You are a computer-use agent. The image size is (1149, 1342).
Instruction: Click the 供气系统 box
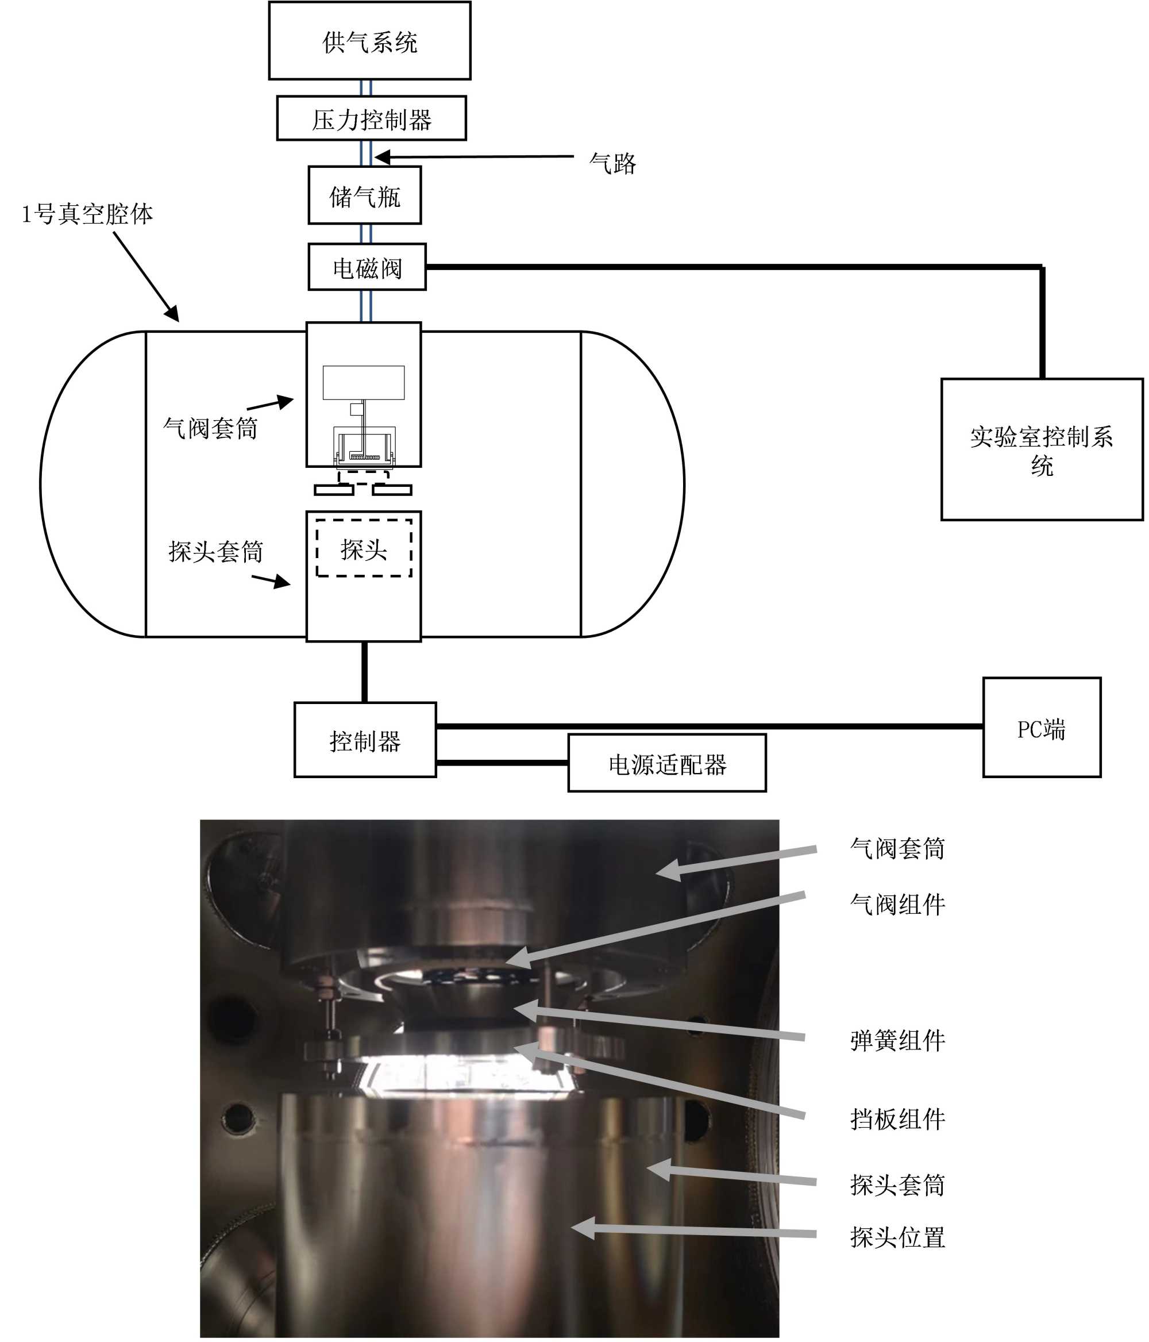click(369, 41)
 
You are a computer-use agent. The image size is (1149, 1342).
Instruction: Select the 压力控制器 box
click(371, 118)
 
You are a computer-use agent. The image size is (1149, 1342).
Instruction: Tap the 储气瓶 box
click(364, 195)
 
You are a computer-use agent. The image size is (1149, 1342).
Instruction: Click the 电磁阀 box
click(367, 267)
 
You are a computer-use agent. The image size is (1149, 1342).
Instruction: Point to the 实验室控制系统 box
click(1041, 449)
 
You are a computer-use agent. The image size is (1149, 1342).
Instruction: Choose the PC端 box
click(1041, 728)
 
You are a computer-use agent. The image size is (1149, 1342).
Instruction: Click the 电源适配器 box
click(667, 764)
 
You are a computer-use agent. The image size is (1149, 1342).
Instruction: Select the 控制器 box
click(365, 740)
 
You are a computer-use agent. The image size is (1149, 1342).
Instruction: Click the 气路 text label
click(612, 163)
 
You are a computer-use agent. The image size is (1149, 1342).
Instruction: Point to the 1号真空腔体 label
click(87, 214)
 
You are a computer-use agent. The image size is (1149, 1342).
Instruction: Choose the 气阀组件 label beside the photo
click(897, 904)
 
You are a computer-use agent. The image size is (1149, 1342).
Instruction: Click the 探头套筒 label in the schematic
click(215, 551)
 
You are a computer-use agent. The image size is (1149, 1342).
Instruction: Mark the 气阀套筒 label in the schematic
click(210, 428)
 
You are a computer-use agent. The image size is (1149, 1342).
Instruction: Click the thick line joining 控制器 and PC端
click(709, 726)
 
